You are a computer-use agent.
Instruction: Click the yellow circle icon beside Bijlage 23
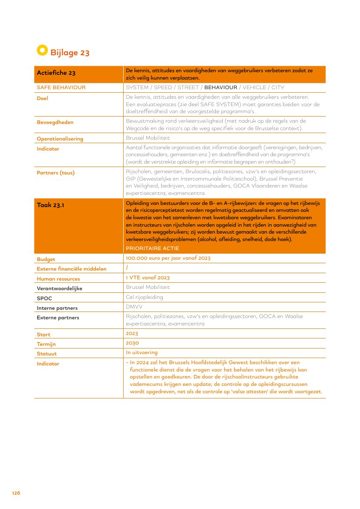(42, 50)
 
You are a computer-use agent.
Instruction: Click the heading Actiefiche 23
(56, 73)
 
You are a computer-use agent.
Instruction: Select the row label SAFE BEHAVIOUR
(61, 87)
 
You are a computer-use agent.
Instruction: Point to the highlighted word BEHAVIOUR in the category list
(221, 87)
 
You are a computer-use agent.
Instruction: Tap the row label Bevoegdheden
(55, 122)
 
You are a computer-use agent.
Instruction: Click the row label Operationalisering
(60, 139)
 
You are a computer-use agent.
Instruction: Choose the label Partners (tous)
(55, 173)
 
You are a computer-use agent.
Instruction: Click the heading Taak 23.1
(50, 205)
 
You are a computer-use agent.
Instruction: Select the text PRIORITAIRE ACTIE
(152, 248)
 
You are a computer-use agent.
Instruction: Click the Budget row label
(46, 259)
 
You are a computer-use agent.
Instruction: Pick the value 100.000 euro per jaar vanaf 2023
(168, 258)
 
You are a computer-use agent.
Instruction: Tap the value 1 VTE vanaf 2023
(148, 277)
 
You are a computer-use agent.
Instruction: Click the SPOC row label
(44, 298)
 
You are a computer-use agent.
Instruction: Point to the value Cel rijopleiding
(145, 297)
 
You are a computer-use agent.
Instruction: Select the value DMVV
(134, 307)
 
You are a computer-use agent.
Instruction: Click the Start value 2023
(132, 333)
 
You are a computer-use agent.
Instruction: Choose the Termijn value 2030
(132, 343)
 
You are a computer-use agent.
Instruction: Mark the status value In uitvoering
(141, 352)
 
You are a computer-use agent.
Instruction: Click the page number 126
(16, 493)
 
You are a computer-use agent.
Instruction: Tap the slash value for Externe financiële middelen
(127, 268)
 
